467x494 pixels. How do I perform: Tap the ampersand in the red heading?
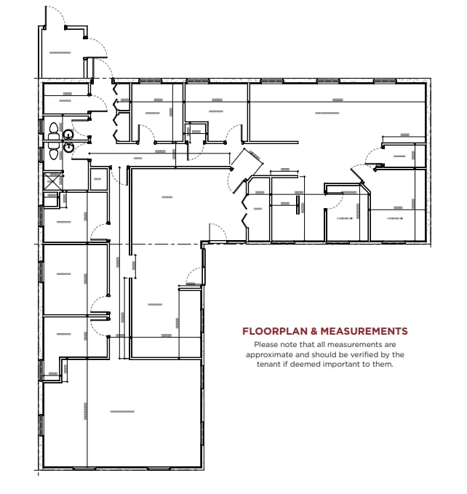tap(309, 331)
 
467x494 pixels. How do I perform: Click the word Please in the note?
tap(267, 344)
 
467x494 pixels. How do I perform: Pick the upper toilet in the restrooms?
tap(53, 130)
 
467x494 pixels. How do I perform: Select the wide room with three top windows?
tap(335, 113)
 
